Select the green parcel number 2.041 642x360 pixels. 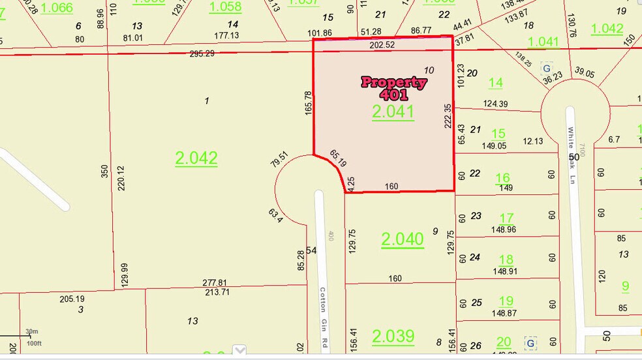click(393, 112)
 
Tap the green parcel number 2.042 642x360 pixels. click(196, 158)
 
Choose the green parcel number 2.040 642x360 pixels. click(403, 239)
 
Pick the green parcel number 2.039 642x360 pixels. click(393, 336)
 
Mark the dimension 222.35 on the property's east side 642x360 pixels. click(448, 116)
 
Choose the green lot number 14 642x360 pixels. click(496, 83)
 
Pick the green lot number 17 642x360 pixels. click(506, 218)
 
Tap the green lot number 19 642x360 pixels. click(506, 301)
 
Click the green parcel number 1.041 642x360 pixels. click(543, 42)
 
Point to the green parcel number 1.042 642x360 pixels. click(607, 29)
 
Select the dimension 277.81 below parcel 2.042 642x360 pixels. click(215, 282)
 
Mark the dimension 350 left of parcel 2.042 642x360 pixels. click(104, 170)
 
